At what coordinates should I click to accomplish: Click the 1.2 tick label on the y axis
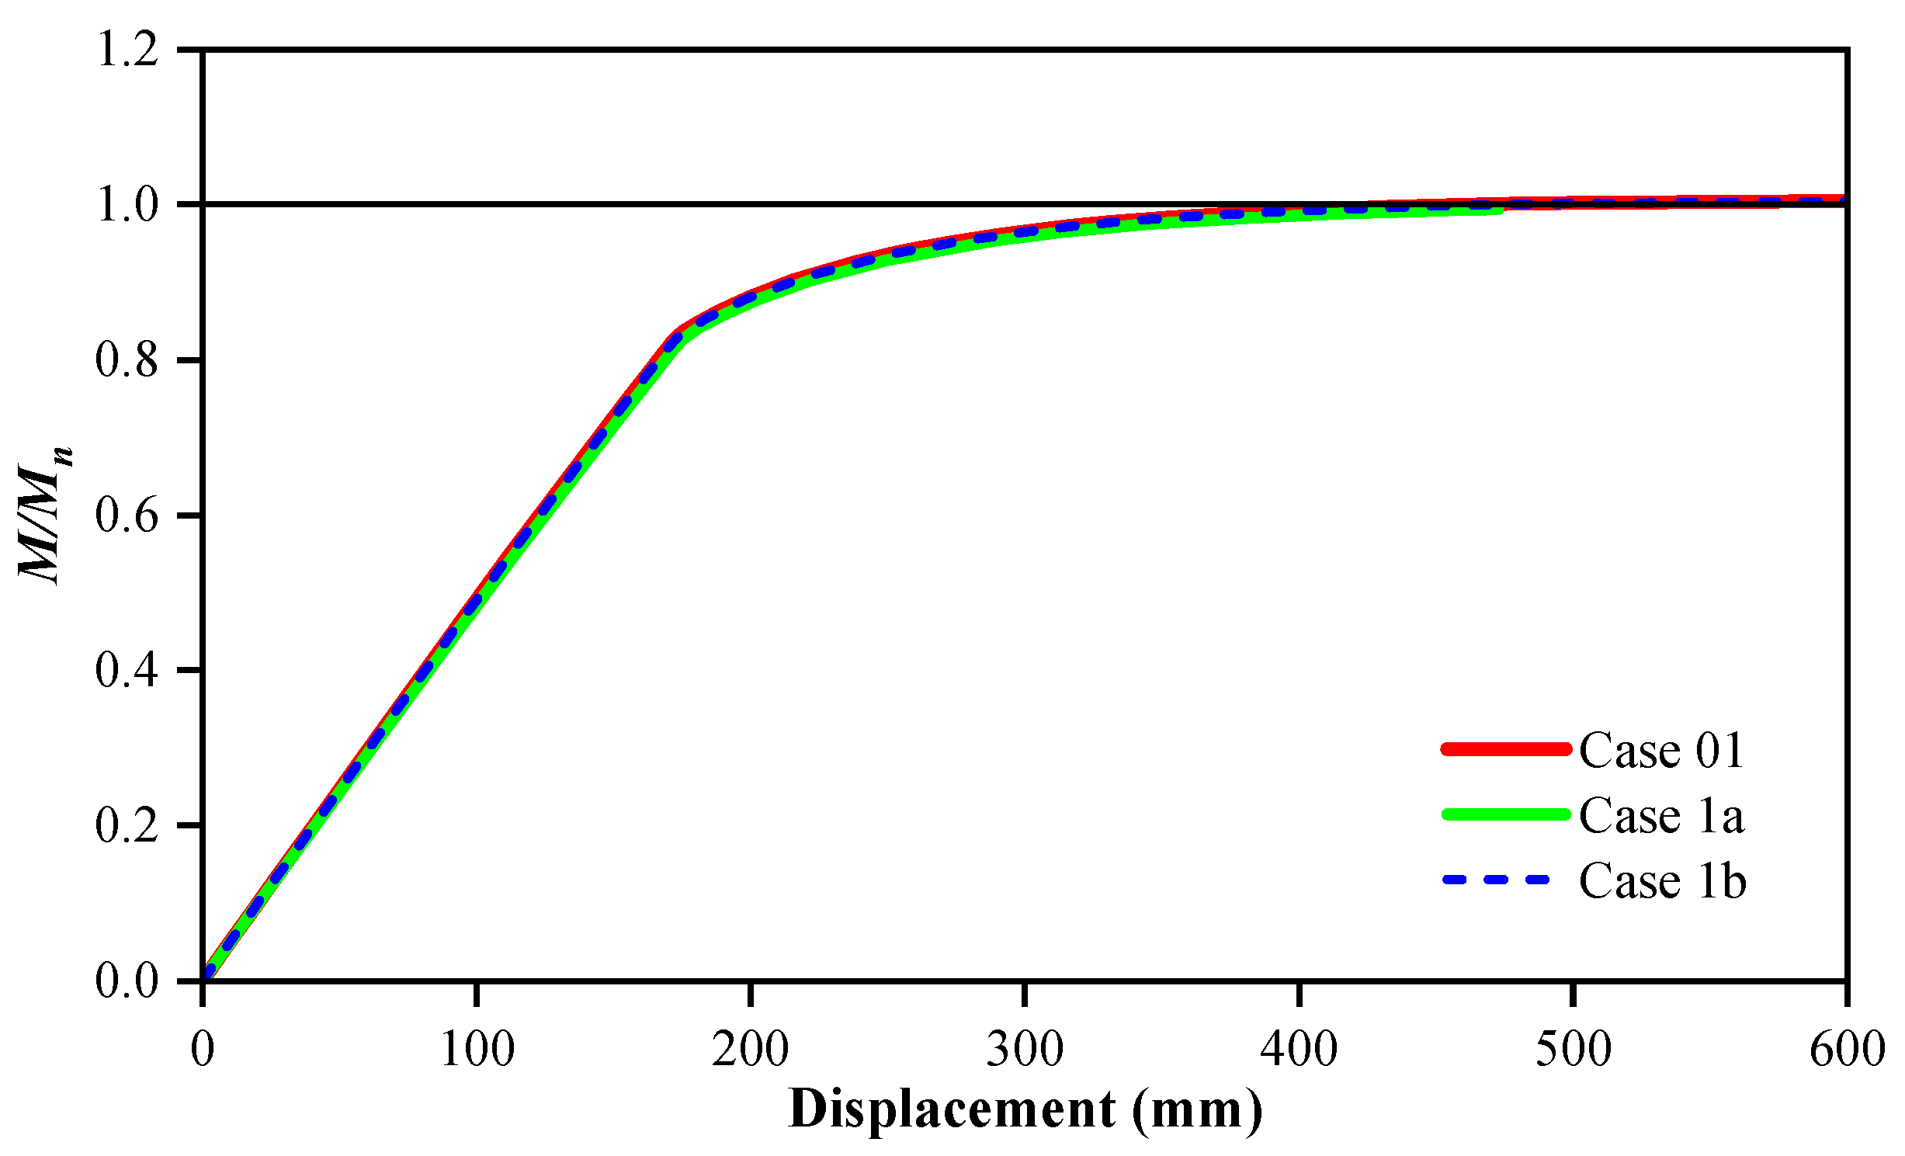(127, 51)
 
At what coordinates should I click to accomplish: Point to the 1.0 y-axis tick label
(127, 206)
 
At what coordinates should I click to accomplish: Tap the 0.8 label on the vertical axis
(127, 361)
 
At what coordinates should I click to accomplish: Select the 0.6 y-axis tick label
(127, 516)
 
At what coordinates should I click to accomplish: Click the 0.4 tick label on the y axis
(127, 670)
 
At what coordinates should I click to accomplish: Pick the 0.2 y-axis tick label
(127, 825)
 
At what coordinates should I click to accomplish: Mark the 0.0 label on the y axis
(127, 981)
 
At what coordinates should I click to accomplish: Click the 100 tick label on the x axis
(477, 1050)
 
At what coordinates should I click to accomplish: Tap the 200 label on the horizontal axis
(751, 1050)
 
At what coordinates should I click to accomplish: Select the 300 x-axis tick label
(1025, 1050)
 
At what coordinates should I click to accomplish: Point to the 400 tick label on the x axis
(1299, 1050)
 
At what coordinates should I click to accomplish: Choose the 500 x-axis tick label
(1574, 1050)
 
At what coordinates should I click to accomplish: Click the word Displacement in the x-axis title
(952, 1110)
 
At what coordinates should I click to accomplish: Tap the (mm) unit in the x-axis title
(1197, 1110)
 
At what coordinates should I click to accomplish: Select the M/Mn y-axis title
(45, 516)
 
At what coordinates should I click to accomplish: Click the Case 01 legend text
(1662, 750)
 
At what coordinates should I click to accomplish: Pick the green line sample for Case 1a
(1506, 814)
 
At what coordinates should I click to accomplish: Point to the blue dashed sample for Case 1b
(1496, 880)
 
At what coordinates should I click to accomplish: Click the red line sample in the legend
(1506, 749)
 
